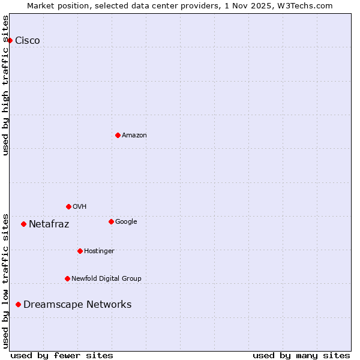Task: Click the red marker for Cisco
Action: (x=10, y=40)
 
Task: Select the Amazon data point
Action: (x=118, y=135)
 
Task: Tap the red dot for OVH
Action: (x=68, y=206)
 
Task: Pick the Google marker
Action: (x=111, y=221)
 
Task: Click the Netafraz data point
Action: (x=23, y=224)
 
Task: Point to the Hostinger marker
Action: (x=80, y=251)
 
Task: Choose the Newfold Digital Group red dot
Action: (x=67, y=278)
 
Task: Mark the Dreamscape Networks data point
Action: (x=18, y=304)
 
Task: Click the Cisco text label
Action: (x=28, y=41)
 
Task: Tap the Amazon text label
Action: (x=134, y=136)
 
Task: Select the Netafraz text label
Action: (x=49, y=224)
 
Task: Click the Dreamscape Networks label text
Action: (x=77, y=305)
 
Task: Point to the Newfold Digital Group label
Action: (x=106, y=278)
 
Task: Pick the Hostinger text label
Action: (x=99, y=251)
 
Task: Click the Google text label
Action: (x=126, y=221)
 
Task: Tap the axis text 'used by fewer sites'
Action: (x=62, y=355)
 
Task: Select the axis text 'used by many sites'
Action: (x=301, y=355)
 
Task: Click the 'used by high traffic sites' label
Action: (x=6, y=85)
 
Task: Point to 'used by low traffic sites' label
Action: (x=6, y=280)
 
